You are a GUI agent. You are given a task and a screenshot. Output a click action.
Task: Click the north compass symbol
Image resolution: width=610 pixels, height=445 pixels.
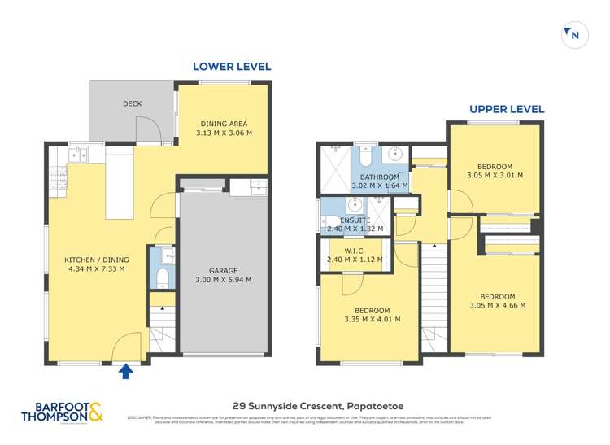575,34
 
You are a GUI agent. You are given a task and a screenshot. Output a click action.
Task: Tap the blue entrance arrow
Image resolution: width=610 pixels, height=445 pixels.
125,372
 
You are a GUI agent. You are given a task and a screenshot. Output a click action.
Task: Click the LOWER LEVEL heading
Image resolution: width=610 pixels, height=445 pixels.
231,67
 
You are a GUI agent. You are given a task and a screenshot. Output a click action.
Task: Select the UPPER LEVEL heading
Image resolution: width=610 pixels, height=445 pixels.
506,109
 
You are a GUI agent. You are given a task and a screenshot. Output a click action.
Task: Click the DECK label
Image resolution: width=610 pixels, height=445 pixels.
133,103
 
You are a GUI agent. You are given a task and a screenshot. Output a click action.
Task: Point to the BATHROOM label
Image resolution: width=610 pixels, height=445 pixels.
380,177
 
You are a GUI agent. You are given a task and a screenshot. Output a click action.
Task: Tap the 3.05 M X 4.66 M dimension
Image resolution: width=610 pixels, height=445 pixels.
497,306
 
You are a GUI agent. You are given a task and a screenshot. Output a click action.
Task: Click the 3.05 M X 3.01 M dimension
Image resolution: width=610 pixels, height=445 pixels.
495,174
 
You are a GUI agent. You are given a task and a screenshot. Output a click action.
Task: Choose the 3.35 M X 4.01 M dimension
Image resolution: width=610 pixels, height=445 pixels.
372,320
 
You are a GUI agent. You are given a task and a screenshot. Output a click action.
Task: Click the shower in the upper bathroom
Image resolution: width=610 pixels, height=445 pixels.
333,167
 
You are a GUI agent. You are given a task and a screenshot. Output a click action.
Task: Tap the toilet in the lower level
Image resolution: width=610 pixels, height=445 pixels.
162,279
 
